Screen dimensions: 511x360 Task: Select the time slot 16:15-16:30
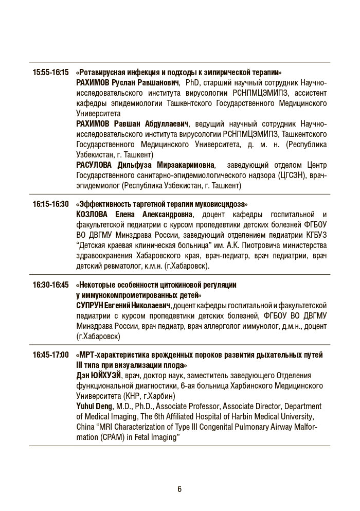50,204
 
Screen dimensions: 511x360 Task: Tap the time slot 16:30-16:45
50,285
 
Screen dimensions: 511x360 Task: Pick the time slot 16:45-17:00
50,355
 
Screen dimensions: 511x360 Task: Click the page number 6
179,489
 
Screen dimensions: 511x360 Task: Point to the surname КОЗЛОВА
93,215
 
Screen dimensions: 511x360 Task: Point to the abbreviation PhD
191,83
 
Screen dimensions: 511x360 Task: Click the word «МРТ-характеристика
113,355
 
